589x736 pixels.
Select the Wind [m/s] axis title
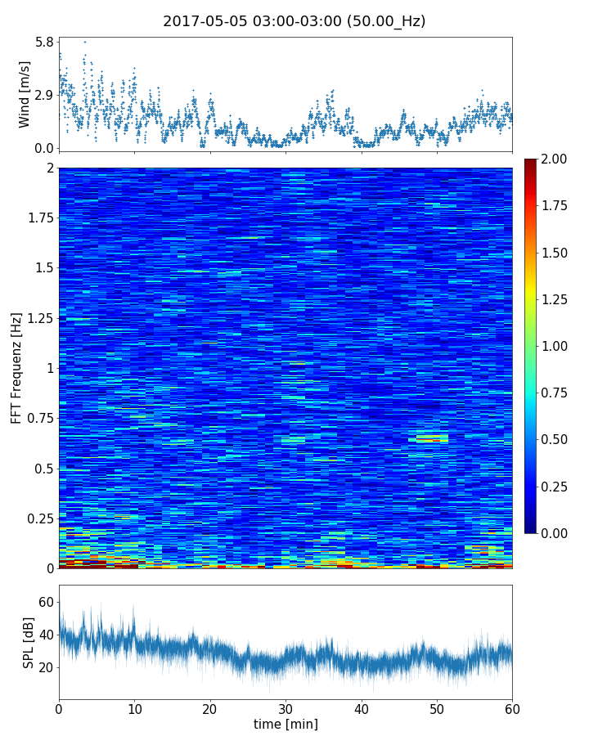25,94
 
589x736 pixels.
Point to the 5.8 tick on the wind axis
44,41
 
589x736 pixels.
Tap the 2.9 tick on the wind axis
44,95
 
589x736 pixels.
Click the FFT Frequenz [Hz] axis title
16,367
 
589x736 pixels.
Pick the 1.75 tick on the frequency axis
39,218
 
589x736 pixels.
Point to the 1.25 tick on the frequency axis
39,318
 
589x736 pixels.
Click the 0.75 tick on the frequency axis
39,418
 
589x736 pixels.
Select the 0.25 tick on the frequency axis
39,518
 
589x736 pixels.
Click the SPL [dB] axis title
29,642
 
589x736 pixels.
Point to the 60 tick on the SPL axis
46,602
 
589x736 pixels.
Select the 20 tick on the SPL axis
46,667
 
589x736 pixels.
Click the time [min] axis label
286,724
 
